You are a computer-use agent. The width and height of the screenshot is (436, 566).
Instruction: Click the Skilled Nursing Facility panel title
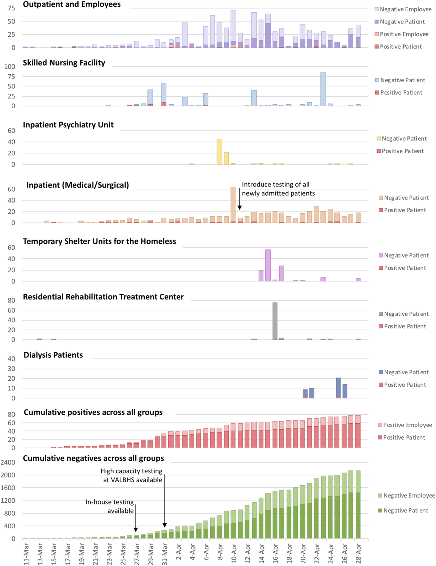64,63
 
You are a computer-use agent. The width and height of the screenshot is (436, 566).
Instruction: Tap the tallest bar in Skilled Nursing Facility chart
323,89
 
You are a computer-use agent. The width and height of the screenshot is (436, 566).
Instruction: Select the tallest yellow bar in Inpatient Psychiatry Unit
219,152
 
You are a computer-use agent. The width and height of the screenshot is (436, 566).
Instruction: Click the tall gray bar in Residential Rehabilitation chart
275,321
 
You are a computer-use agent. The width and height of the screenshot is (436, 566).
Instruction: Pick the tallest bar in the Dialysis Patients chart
338,388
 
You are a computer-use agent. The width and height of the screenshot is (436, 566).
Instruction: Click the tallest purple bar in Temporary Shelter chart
268,265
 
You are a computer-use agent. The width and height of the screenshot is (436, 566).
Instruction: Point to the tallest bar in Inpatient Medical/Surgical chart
233,205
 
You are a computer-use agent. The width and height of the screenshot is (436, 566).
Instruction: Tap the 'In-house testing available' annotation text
110,506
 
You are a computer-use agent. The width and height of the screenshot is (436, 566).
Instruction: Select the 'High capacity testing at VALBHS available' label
132,475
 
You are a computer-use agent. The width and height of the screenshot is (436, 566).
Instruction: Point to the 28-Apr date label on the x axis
358,553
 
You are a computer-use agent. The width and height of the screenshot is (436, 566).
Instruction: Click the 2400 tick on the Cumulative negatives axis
8,462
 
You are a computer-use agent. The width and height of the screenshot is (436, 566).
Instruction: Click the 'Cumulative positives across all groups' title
93,412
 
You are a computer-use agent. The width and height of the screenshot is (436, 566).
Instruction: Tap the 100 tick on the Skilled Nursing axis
10,67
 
